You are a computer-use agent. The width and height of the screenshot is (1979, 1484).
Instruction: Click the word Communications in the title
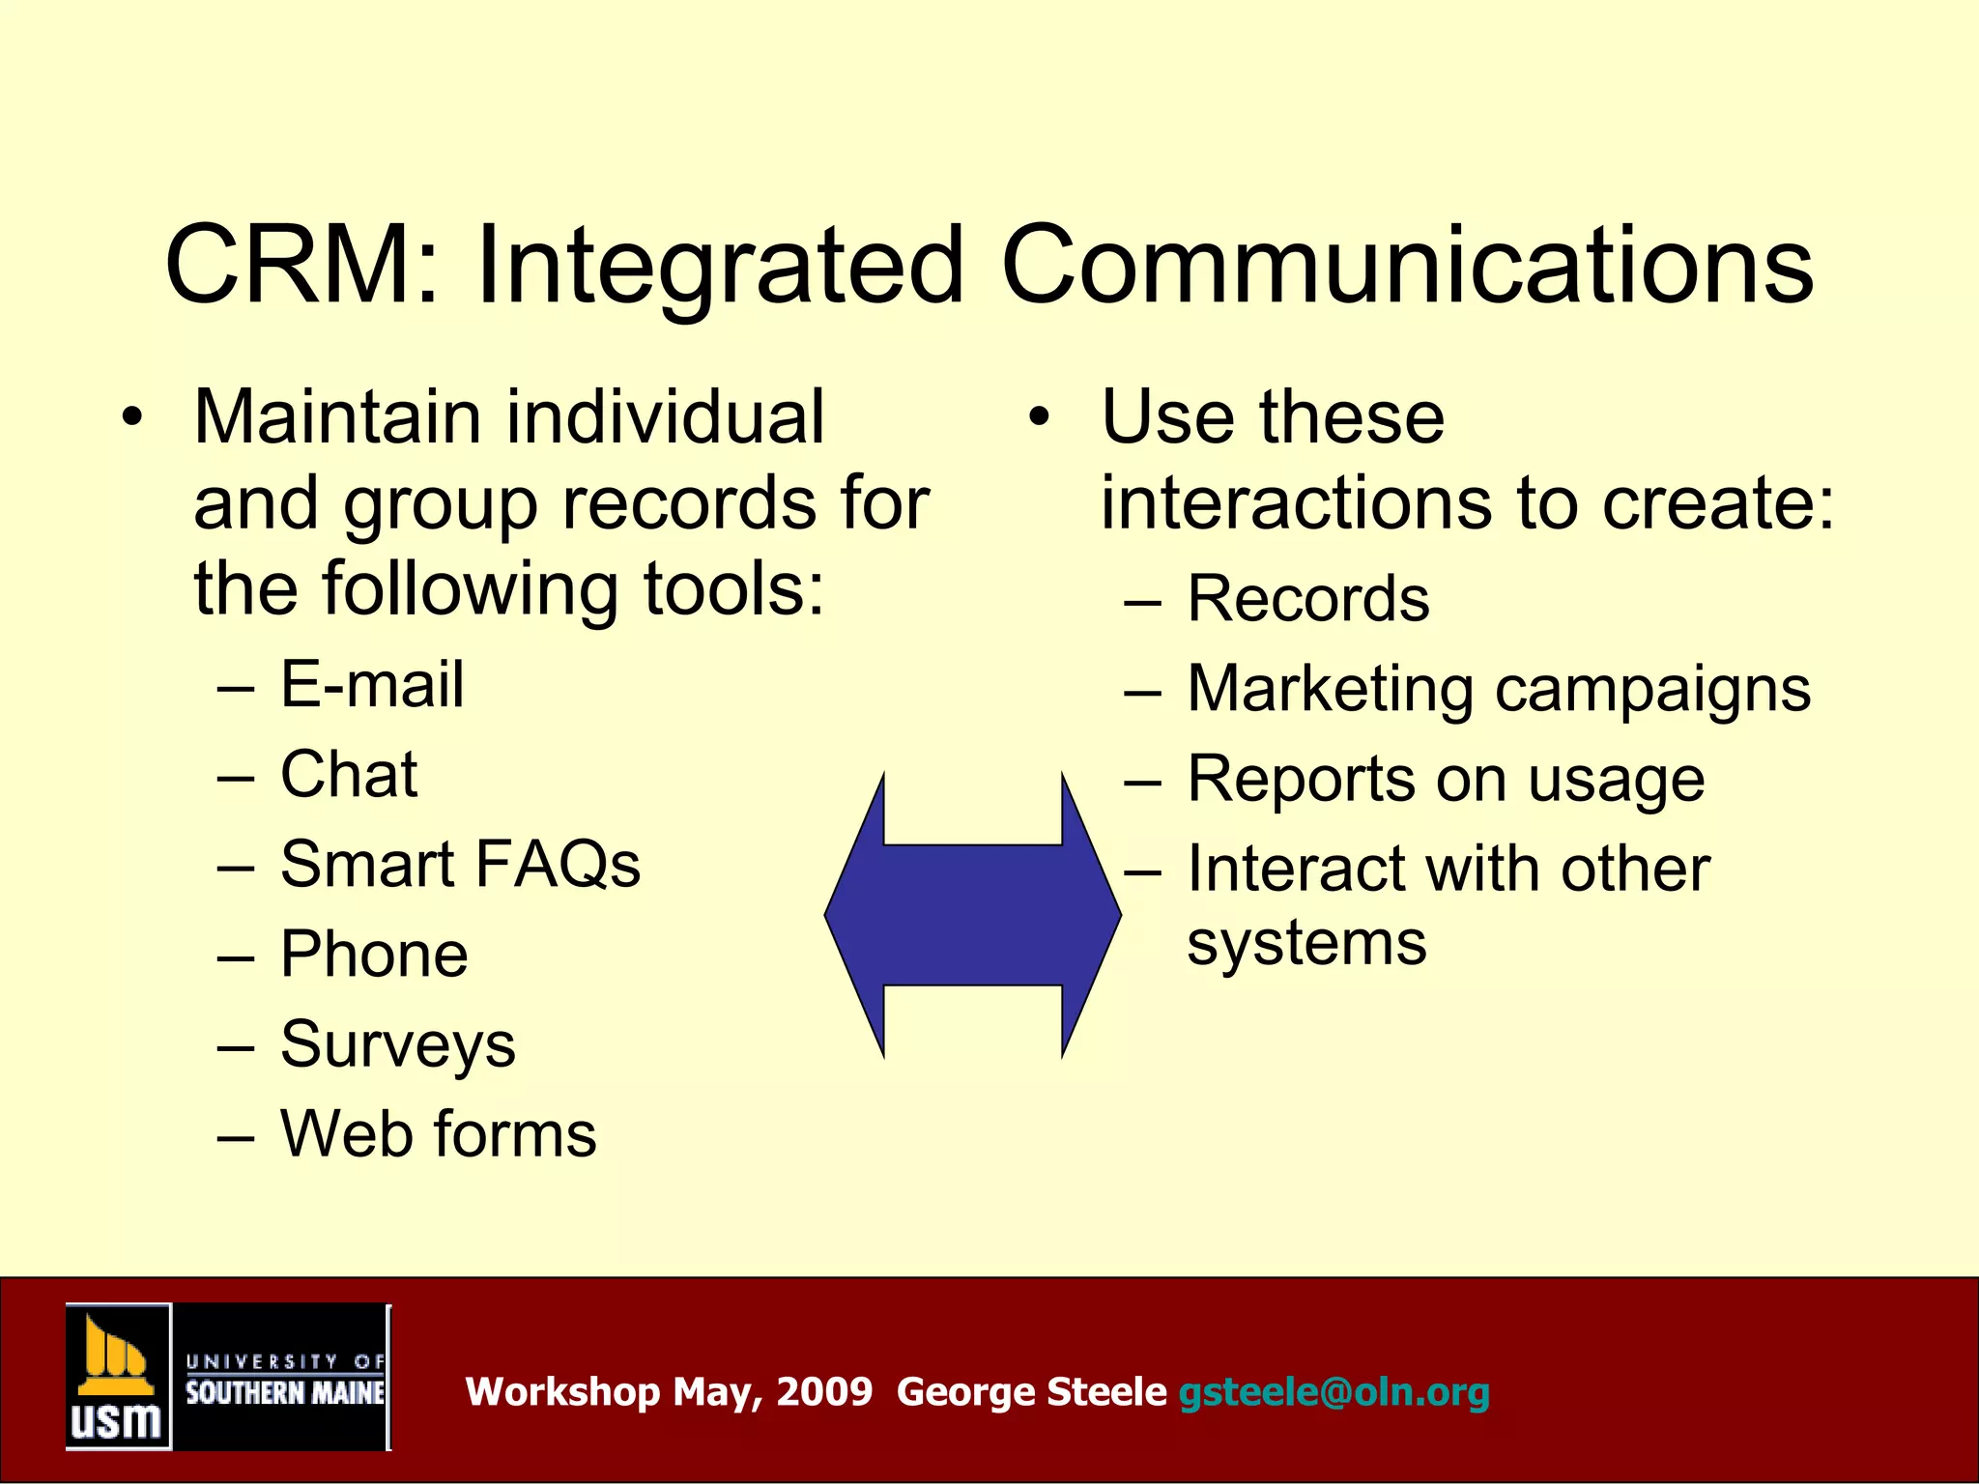pos(1407,265)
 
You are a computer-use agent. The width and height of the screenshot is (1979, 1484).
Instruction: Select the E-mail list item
pos(372,685)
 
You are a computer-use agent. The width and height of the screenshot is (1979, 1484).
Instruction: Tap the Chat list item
pos(349,775)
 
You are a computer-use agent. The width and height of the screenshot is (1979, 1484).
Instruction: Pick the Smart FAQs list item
pos(460,864)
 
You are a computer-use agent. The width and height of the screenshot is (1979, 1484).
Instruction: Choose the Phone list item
pos(374,955)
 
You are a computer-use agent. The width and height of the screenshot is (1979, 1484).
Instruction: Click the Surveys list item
pos(398,1045)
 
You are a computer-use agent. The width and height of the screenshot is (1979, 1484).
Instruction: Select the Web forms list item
pos(438,1133)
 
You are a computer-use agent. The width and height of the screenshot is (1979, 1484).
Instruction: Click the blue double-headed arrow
pos(972,915)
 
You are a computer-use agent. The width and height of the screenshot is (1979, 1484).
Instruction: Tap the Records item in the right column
pos(1307,599)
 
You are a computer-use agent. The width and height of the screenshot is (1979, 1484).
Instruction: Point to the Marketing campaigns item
pos(1498,690)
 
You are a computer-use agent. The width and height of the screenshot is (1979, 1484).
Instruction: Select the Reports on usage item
pos(1446,780)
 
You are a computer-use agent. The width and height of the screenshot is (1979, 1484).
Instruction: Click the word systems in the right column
pos(1306,942)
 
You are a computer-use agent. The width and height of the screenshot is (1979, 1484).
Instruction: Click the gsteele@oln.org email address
pos(1334,1392)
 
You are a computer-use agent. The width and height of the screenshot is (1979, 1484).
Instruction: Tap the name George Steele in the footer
pos(1031,1392)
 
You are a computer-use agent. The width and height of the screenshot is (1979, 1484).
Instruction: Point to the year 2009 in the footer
pos(824,1392)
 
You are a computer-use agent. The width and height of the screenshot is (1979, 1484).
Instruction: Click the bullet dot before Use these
pos(1039,418)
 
